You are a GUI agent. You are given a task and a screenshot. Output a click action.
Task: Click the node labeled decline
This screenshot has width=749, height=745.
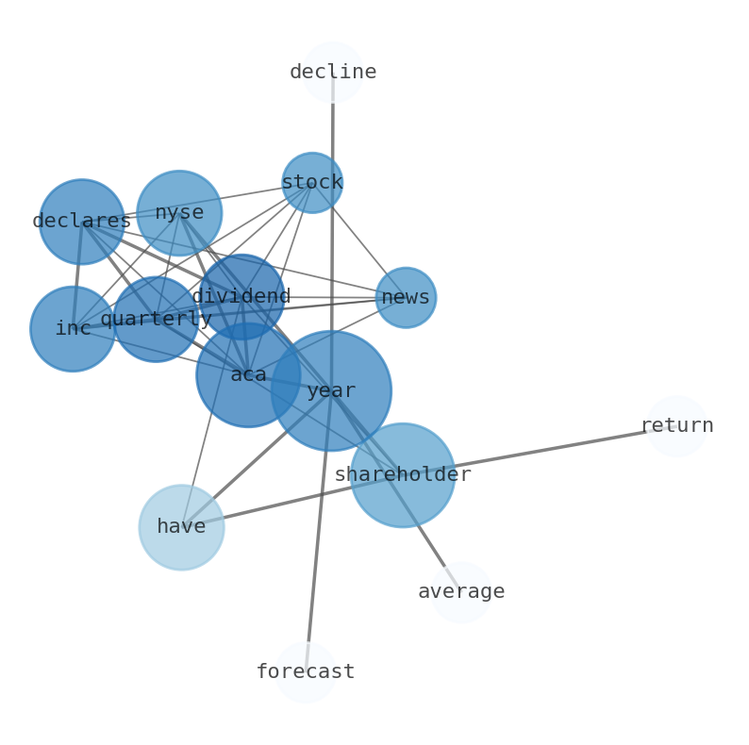(x=332, y=72)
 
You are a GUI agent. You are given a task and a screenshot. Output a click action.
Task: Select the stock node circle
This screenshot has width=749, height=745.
(x=311, y=182)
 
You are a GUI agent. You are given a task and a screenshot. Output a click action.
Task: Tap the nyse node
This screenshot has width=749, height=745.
(x=178, y=212)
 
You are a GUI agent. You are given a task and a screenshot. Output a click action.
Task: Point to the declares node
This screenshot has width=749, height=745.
(x=81, y=222)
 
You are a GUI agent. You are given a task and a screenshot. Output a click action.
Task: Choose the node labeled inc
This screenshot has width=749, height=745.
(x=73, y=328)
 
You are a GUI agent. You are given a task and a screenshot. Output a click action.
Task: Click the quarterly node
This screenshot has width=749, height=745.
(x=155, y=319)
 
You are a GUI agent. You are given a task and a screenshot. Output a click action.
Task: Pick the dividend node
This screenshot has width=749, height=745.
(x=241, y=296)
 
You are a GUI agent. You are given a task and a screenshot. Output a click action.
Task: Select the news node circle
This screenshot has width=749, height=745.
(x=406, y=297)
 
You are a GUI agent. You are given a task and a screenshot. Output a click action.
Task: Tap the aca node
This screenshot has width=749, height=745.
(x=248, y=374)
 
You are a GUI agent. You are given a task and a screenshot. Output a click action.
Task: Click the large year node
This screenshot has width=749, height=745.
(x=331, y=390)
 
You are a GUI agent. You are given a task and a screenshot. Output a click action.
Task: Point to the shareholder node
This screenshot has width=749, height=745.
(x=403, y=474)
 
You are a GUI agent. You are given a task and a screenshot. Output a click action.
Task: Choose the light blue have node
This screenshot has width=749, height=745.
(x=181, y=527)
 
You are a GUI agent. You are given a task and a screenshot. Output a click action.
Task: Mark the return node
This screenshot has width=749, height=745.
(x=676, y=426)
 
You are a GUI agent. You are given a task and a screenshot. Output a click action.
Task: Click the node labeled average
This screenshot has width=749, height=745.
(x=461, y=592)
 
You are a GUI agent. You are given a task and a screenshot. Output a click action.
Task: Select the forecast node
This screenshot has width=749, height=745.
(x=306, y=672)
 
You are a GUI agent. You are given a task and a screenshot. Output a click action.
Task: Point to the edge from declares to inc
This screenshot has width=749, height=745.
(x=77, y=273)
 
